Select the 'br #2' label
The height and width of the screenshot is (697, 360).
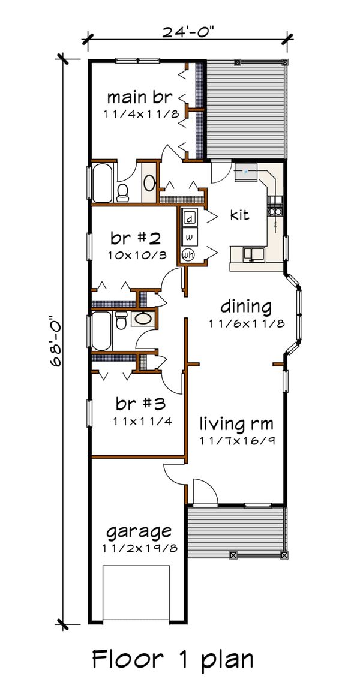(x=135, y=238)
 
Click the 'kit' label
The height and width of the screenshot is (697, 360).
(x=239, y=215)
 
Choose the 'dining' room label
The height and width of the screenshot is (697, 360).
(x=245, y=307)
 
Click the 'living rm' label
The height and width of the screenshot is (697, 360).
(x=236, y=424)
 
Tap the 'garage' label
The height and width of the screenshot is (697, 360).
(x=139, y=531)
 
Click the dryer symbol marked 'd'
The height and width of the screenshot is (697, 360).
(x=189, y=217)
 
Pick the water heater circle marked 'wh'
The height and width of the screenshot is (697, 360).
(x=189, y=255)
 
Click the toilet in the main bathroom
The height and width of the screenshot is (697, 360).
(x=123, y=192)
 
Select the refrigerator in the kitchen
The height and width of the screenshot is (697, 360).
(x=246, y=172)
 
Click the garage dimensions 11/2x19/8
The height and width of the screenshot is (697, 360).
(x=139, y=549)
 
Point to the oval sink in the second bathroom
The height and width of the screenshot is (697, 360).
(x=142, y=318)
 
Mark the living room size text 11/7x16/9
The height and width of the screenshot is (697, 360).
(x=236, y=441)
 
